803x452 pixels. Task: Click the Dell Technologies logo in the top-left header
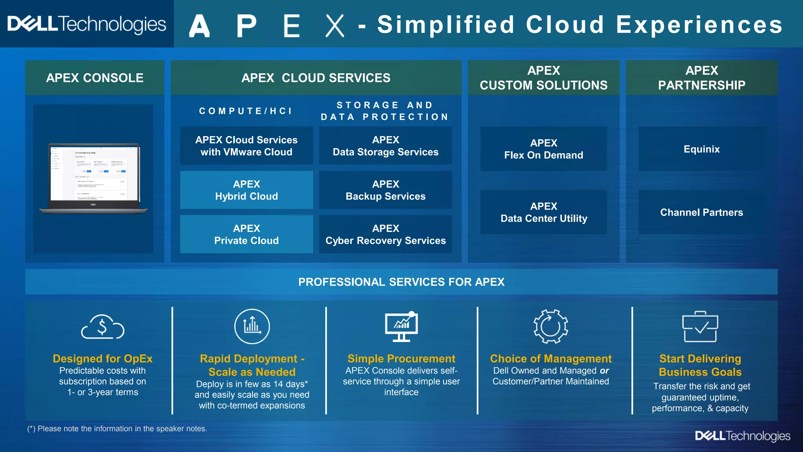(87, 24)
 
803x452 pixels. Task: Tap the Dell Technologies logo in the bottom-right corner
(743, 436)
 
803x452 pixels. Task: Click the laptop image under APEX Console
(94, 179)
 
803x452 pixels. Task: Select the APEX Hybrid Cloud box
(246, 190)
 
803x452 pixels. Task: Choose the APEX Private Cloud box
(246, 234)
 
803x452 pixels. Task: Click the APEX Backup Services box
(385, 190)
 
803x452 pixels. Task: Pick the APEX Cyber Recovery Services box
(385, 234)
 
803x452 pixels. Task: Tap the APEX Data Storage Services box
(385, 146)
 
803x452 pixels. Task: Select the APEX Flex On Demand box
(543, 149)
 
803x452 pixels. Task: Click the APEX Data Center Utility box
(543, 212)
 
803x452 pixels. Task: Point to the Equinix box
(701, 149)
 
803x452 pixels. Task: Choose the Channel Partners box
(701, 212)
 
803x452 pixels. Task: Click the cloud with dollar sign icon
(103, 327)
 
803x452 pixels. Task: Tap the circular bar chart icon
(252, 326)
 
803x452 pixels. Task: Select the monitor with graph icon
(401, 327)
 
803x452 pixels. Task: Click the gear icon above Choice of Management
(550, 326)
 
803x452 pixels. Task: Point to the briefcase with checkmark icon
(700, 327)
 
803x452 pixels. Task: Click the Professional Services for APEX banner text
(401, 282)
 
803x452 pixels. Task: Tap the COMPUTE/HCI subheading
(246, 111)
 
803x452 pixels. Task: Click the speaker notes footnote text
(117, 428)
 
